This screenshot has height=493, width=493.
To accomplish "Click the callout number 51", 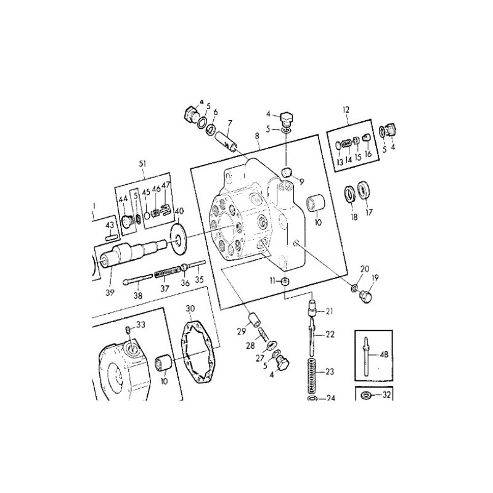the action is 143,163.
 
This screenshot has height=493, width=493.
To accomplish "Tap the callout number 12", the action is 346,110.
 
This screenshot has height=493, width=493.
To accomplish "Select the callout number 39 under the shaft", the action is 110,292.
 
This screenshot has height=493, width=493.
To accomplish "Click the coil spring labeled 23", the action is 312,375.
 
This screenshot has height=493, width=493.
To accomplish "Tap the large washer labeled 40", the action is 178,240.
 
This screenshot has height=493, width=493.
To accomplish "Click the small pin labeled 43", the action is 111,237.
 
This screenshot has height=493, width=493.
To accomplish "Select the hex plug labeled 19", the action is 365,296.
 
